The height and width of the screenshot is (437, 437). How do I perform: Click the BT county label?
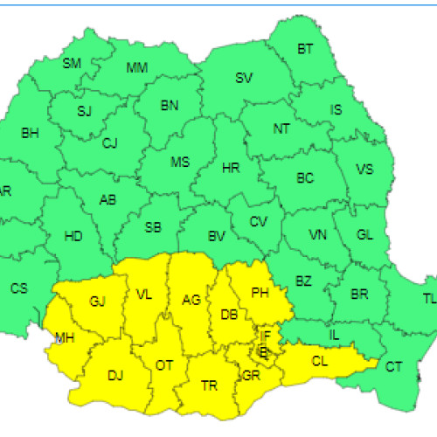305,50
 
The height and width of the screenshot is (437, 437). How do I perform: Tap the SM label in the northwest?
72,63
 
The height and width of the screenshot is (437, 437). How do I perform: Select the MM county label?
137,67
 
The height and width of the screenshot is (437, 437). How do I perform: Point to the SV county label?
244,79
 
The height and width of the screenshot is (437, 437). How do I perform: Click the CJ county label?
109,143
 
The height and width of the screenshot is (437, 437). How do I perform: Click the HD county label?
73,236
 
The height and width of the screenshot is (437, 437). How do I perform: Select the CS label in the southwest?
18,288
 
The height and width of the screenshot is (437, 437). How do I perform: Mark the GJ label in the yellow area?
97,302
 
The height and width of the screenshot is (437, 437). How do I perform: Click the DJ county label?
114,376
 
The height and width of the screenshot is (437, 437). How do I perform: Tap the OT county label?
164,365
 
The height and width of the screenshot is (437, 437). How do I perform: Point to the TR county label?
210,385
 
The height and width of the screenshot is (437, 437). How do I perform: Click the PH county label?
260,293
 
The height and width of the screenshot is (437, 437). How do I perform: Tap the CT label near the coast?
395,366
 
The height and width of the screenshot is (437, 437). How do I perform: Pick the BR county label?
359,295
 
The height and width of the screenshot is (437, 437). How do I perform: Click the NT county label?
281,129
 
